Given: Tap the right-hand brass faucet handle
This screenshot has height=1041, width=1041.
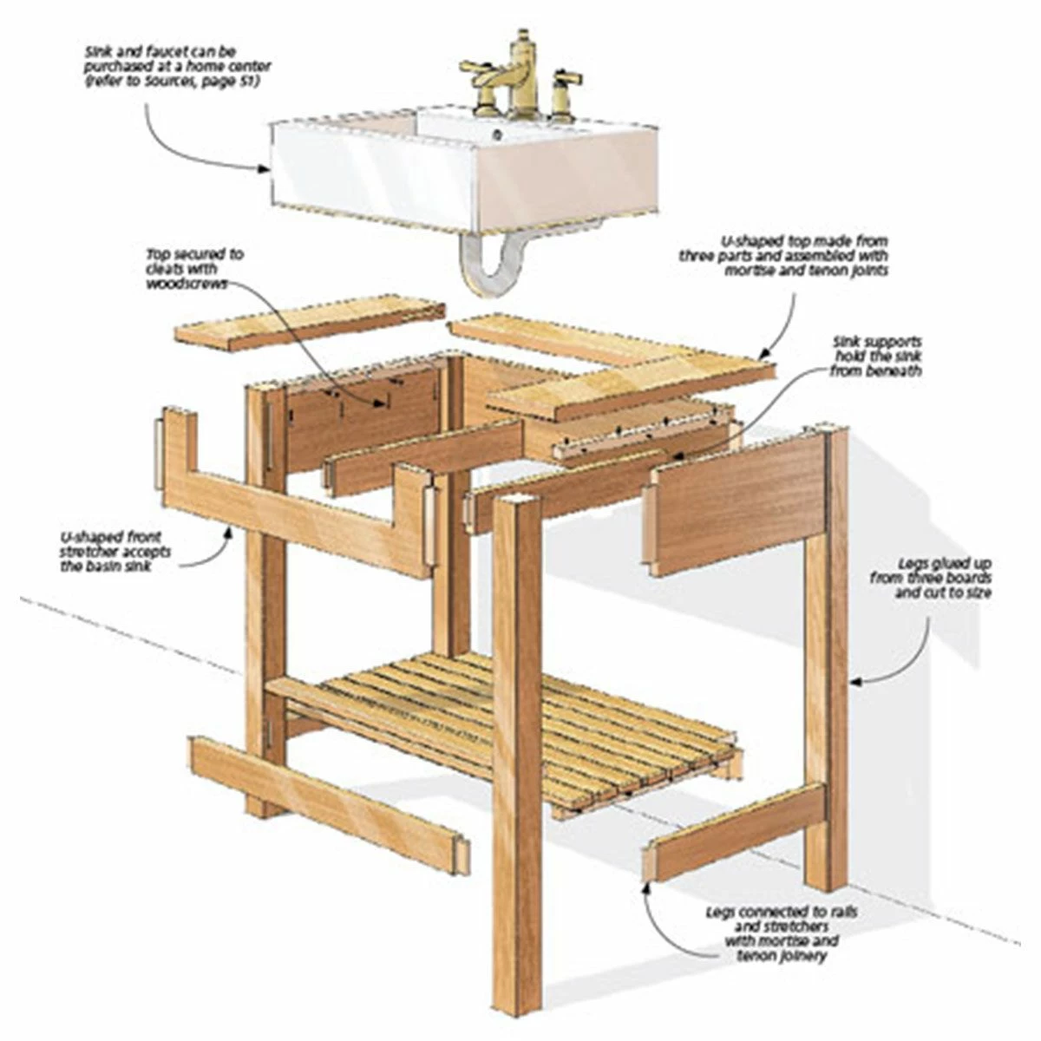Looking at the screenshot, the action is pyautogui.click(x=565, y=92).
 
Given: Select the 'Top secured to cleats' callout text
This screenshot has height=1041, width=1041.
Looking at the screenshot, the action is pyautogui.click(x=194, y=268).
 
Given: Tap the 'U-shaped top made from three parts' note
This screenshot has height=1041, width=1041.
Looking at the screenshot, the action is pyautogui.click(x=783, y=256).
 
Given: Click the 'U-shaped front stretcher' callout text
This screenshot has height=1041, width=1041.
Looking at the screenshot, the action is pyautogui.click(x=115, y=552).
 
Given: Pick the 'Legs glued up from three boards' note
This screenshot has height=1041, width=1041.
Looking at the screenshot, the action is pyautogui.click(x=931, y=578).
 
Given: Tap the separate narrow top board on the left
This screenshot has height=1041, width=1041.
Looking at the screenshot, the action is pyautogui.click(x=311, y=323).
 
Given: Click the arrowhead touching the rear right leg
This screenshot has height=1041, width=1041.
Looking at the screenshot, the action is pyautogui.click(x=857, y=683).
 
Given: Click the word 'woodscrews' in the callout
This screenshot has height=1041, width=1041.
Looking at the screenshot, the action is pyautogui.click(x=186, y=284).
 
